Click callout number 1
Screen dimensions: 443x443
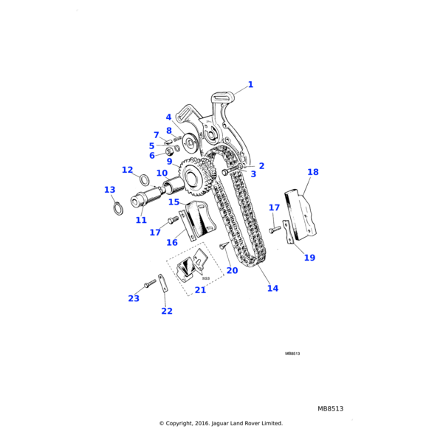pos(250,85)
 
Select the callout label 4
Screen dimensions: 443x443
pos(168,117)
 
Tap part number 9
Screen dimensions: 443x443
pos(169,162)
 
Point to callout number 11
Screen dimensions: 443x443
pos(141,220)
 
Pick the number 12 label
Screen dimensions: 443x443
pos(127,170)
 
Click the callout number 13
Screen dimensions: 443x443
pos(110,190)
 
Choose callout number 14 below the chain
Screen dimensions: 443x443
pos(272,288)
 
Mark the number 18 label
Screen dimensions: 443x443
pos(313,172)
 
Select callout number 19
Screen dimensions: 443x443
pos(309,258)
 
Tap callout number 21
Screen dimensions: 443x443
pos(200,290)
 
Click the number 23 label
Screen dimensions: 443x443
pos(134,298)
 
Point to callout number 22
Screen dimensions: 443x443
pos(167,311)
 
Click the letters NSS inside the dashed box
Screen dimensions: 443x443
pos(206,278)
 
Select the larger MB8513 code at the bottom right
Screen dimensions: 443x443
pos(331,408)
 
